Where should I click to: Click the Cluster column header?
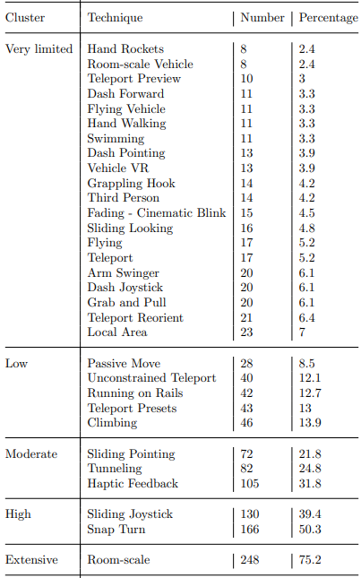pos(25,18)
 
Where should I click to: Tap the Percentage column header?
pos(328,18)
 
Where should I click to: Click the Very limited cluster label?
pos(39,49)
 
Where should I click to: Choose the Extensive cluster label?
pos(31,559)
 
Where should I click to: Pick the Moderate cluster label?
pos(31,454)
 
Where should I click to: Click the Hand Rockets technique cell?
pos(125,49)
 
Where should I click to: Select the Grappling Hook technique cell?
pos(131,184)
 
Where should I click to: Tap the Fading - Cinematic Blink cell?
pos(157,213)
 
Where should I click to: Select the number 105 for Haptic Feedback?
pos(250,484)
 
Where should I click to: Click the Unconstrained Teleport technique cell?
pos(151,378)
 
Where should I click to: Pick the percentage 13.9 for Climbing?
pos(310,423)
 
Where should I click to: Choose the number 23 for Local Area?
pos(246,332)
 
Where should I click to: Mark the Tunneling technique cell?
pos(115,469)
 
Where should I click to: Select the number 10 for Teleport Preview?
pos(246,79)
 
